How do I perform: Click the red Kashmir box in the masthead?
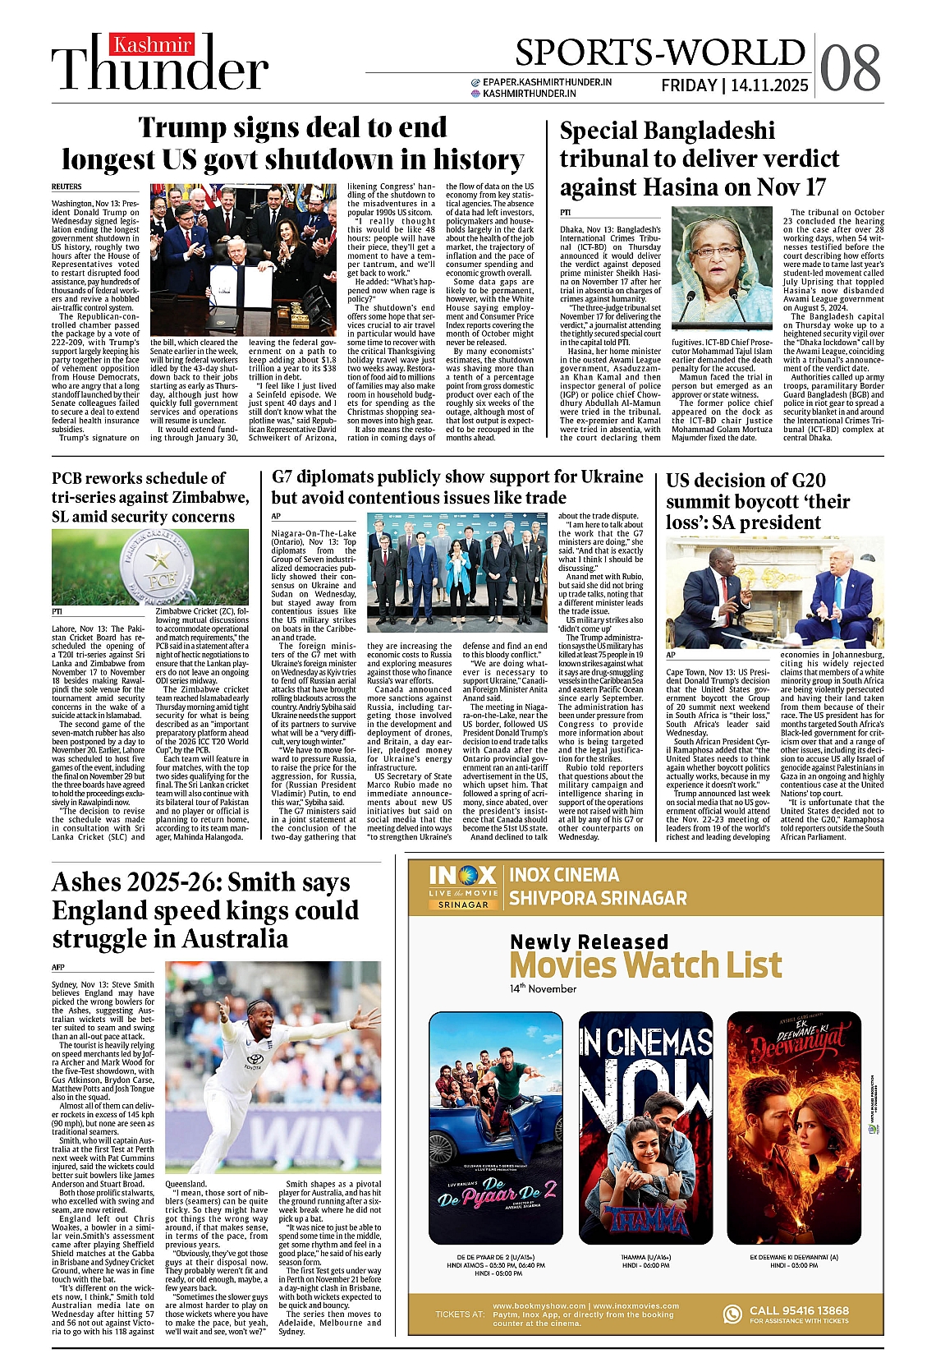[153, 44]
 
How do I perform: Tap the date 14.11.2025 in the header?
[769, 85]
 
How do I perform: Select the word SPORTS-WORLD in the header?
[659, 53]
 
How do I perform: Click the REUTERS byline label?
[67, 187]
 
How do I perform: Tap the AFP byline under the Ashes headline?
[58, 967]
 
